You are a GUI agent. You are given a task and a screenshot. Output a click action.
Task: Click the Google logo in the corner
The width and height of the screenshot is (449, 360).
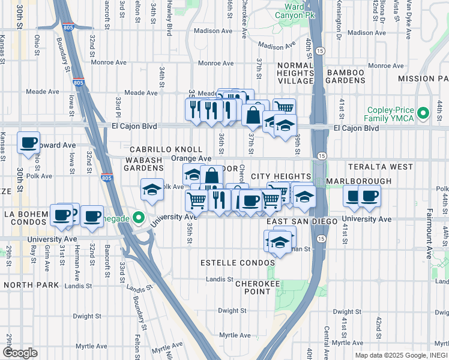pos(19,352)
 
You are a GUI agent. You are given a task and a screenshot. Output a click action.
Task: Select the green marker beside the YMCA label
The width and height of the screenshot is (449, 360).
pos(424,112)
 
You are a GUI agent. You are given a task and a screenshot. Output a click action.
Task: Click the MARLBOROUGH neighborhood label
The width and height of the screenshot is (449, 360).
pos(359,181)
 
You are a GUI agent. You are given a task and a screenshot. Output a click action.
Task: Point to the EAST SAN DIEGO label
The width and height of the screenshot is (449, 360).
pos(295,221)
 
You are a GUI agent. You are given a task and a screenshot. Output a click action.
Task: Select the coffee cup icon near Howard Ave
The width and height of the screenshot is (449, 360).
pos(28,143)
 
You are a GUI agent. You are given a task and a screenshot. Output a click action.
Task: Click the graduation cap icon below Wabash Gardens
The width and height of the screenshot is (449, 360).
pos(152,190)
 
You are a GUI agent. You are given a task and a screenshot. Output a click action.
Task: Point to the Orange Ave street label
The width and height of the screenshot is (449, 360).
pos(191,159)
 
